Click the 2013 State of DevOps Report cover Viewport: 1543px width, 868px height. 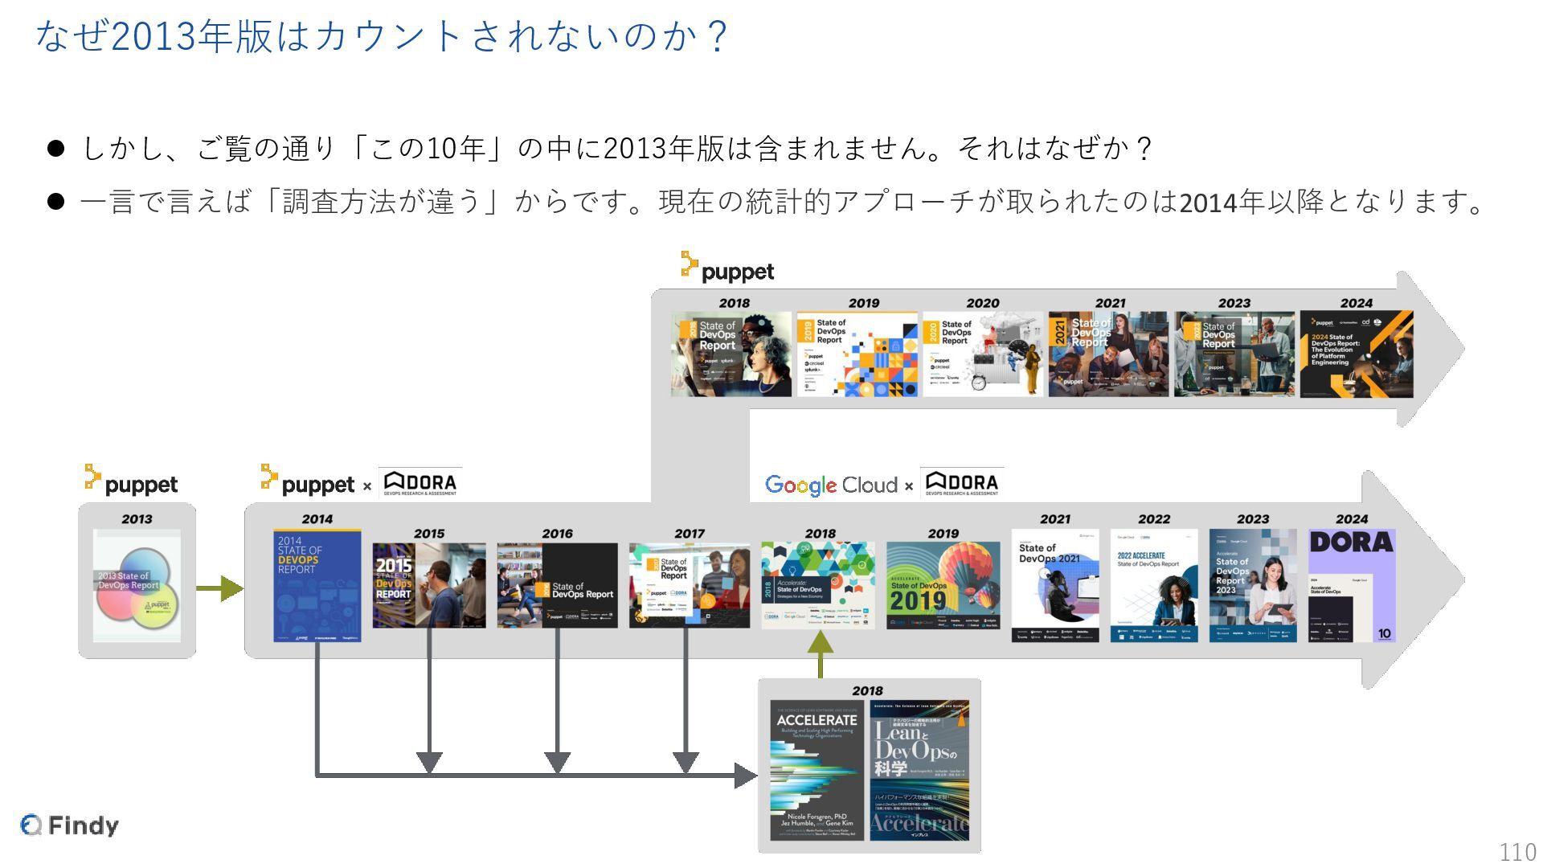[137, 585]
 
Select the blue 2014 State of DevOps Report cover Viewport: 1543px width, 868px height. [317, 586]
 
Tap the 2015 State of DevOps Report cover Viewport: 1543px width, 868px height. [429, 585]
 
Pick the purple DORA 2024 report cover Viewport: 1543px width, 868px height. [1352, 585]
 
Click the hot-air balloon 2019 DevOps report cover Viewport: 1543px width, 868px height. [943, 585]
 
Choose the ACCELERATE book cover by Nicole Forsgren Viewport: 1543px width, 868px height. [817, 770]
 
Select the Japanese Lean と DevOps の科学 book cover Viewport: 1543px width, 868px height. [919, 770]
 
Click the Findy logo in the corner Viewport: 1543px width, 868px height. [70, 825]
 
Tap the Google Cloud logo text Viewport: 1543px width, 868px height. [831, 485]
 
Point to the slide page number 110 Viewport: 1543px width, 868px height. [1517, 852]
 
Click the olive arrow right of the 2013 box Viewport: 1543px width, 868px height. [219, 588]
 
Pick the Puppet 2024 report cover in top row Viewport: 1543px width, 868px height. [1357, 354]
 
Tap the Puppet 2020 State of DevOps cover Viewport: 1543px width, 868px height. [983, 354]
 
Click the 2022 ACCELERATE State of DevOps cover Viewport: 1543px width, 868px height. [1154, 585]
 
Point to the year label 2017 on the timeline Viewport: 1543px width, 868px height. [690, 534]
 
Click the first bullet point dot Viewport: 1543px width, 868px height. [55, 149]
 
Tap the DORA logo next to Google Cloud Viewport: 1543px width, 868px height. [962, 483]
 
